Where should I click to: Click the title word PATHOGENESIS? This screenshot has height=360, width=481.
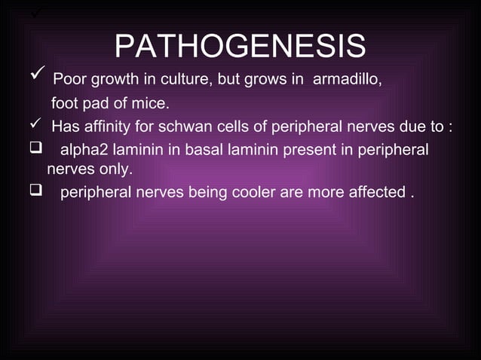tap(240, 46)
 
